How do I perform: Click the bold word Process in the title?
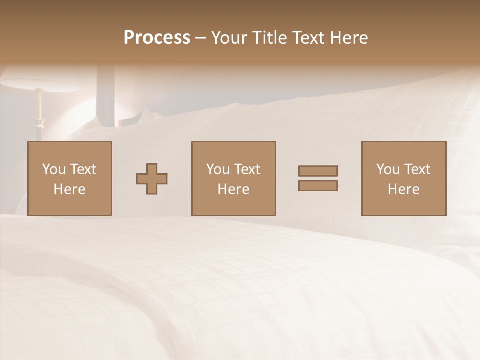[157, 38]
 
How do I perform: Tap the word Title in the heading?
[269, 38]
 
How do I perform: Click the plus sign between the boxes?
[152, 178]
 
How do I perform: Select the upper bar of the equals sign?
[318, 171]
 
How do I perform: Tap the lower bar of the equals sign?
[318, 185]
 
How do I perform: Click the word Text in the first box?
[83, 169]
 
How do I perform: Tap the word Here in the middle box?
[233, 189]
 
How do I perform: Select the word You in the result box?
[388, 169]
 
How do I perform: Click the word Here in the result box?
[403, 189]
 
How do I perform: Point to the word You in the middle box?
[218, 169]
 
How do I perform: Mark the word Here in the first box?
[69, 189]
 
